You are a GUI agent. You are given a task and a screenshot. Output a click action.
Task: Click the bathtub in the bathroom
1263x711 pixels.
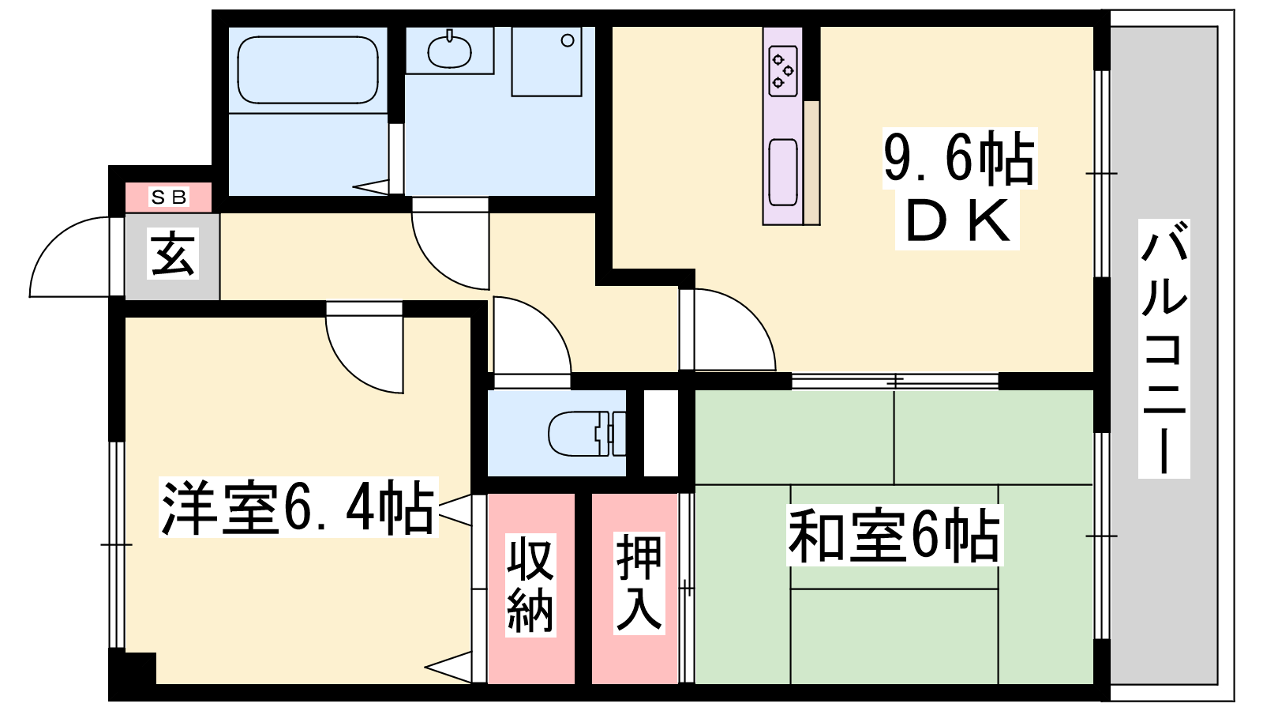(308, 70)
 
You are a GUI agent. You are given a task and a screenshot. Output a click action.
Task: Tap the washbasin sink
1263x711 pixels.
(449, 51)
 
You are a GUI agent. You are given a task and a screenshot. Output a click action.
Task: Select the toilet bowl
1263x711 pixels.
(587, 434)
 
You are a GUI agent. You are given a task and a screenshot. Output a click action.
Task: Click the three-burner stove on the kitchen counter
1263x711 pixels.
(783, 70)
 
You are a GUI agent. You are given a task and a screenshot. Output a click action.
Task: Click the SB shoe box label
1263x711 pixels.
(169, 197)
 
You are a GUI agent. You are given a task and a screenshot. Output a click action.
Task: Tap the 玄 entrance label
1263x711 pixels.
(173, 254)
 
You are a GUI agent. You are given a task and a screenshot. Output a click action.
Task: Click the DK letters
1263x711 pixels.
(958, 221)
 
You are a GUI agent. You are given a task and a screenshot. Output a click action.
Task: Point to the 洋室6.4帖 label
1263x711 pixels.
(298, 506)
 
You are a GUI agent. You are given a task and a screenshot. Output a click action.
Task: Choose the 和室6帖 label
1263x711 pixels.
(894, 535)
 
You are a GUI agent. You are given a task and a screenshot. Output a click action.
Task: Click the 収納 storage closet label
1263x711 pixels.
(530, 585)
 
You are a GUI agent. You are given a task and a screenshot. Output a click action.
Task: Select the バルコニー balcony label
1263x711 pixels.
(1164, 348)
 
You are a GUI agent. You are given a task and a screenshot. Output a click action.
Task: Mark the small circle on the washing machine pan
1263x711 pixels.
(568, 40)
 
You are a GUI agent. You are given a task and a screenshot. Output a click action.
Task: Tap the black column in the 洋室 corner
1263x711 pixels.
(133, 668)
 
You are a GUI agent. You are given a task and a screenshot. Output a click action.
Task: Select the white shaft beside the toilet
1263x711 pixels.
(661, 433)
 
